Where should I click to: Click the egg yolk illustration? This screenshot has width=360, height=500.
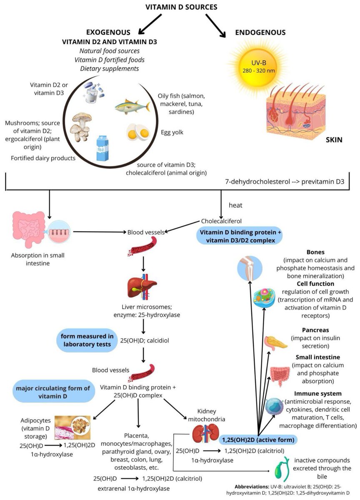pyautogui.click(x=138, y=132)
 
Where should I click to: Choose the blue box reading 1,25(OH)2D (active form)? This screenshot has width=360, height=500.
pyautogui.click(x=258, y=440)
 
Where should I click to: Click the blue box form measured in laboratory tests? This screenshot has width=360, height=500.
pyautogui.click(x=85, y=340)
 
